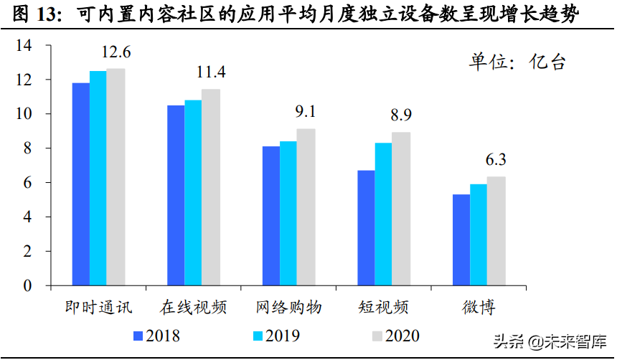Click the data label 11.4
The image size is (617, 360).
point(211,72)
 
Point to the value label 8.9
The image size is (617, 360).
point(401,115)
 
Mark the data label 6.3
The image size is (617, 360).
point(496,159)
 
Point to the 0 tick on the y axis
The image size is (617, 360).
point(28,286)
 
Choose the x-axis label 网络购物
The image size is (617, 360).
point(288,308)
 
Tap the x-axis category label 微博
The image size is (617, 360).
point(479,308)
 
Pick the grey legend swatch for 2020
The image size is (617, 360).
point(375,336)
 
